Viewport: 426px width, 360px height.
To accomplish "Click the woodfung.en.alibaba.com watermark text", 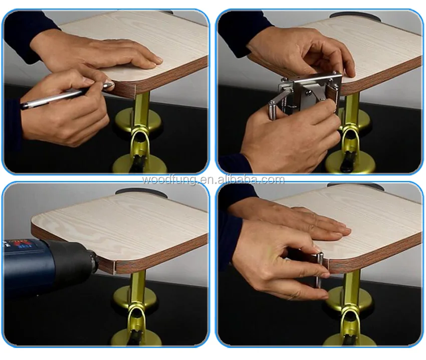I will [213, 179].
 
